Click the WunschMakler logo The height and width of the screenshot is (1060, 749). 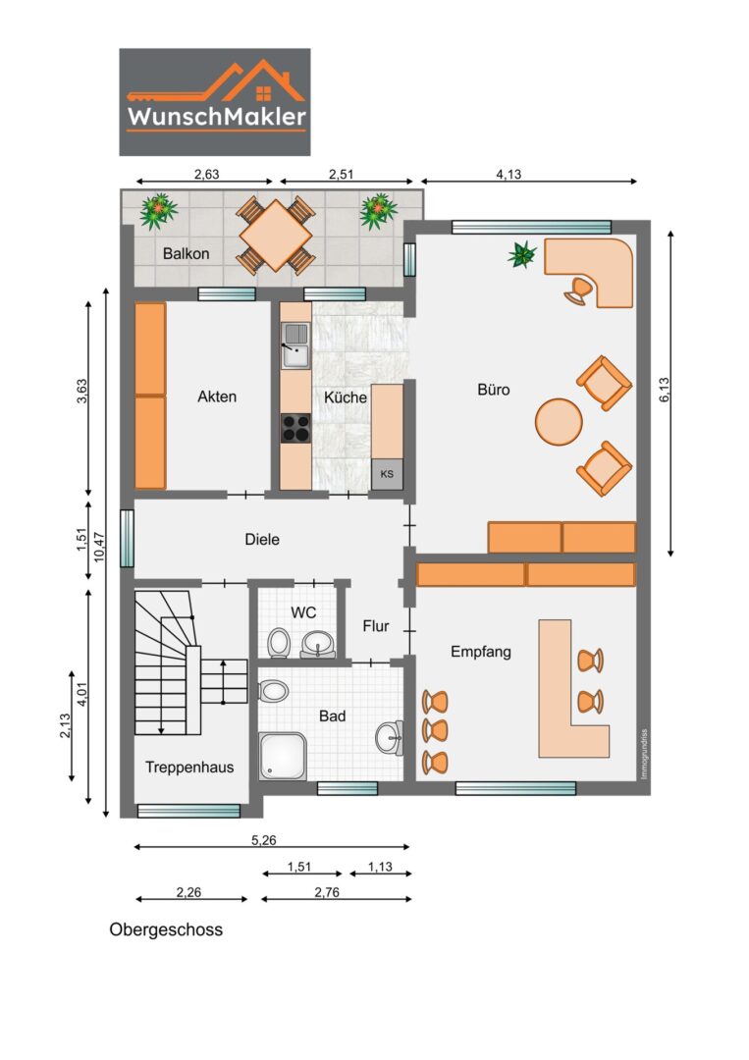(x=215, y=101)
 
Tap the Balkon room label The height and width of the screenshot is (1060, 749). (x=186, y=254)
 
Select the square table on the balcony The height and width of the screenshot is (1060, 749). (x=276, y=236)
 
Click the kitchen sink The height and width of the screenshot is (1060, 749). (x=295, y=345)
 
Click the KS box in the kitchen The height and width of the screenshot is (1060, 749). (x=387, y=474)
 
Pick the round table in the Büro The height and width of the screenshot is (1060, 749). (x=559, y=422)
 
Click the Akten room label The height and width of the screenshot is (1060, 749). (x=217, y=397)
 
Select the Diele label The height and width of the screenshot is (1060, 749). (x=262, y=540)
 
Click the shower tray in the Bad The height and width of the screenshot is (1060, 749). (x=283, y=757)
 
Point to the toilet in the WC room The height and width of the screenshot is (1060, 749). (x=278, y=643)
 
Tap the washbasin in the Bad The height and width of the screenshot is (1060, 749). (x=390, y=737)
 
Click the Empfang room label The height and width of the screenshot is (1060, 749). (x=481, y=652)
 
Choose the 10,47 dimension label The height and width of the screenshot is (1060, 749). (x=99, y=547)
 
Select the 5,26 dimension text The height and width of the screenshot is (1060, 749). (x=264, y=840)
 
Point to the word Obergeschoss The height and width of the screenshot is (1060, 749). (x=166, y=929)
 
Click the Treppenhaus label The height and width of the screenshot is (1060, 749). (x=189, y=768)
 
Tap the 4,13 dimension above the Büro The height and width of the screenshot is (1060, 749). (x=509, y=175)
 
